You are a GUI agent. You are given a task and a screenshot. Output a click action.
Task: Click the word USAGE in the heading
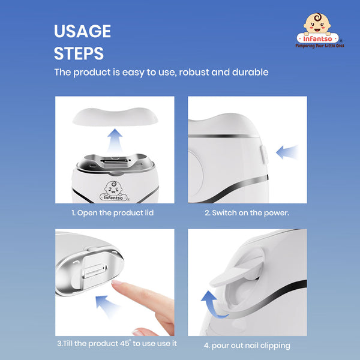(x=82, y=31)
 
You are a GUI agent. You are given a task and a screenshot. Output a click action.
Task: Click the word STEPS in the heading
(x=79, y=53)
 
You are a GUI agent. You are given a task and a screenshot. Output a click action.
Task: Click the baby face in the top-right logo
(x=317, y=23)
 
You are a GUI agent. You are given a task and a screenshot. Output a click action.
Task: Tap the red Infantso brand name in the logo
(x=317, y=38)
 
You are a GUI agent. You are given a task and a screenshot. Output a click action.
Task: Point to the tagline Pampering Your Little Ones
(x=320, y=46)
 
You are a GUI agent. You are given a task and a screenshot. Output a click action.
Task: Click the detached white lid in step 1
(x=115, y=116)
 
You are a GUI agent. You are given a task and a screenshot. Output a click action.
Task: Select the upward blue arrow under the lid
(x=115, y=140)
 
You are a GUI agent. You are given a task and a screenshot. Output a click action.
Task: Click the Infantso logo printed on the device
(x=114, y=191)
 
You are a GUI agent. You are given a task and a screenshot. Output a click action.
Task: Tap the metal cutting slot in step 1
(x=114, y=161)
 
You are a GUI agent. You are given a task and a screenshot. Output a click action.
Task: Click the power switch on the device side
(x=264, y=155)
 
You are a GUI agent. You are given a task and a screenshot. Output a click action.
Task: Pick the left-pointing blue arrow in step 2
(x=287, y=152)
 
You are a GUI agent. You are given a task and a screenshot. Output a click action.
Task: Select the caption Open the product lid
(x=113, y=213)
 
